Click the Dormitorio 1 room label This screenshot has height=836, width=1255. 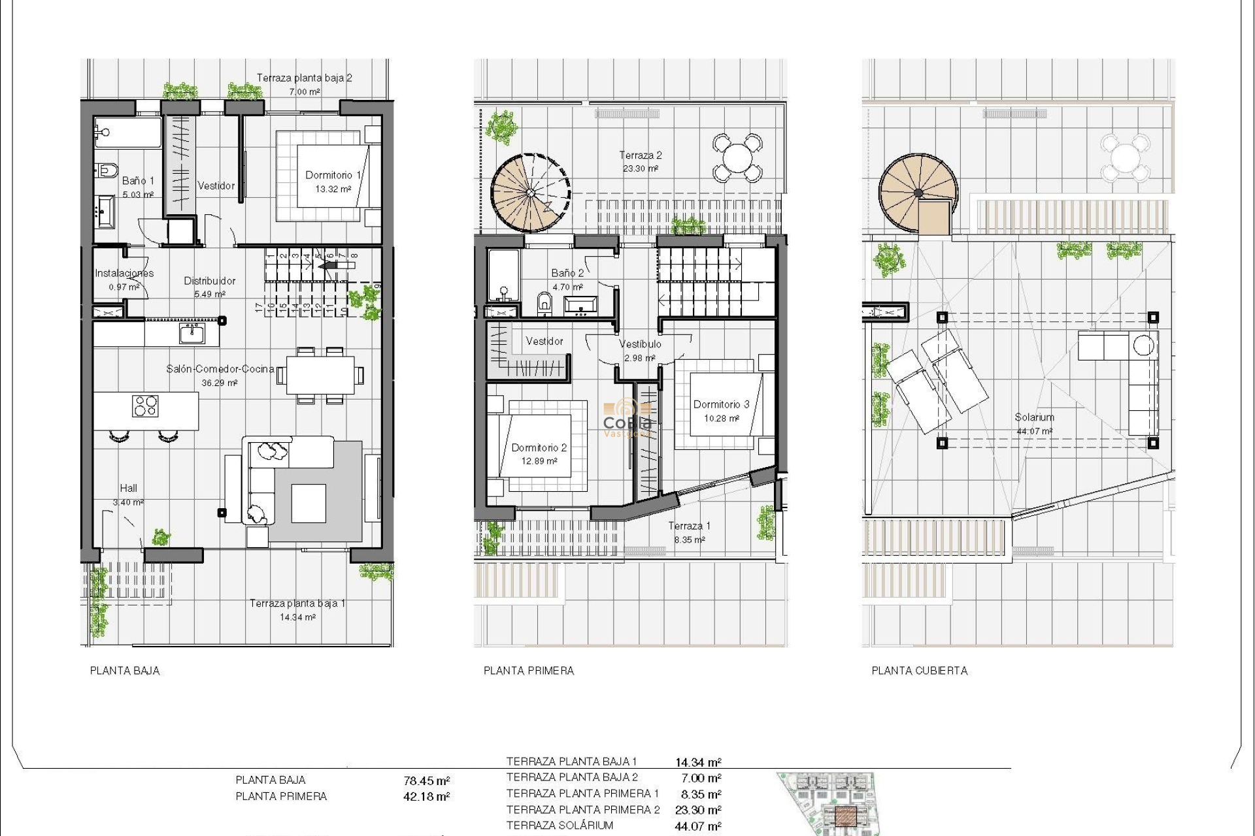(x=333, y=175)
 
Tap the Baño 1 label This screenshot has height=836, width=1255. (x=138, y=181)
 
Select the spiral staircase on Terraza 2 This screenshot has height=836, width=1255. (x=530, y=193)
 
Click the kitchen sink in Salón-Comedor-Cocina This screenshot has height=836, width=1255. (x=192, y=334)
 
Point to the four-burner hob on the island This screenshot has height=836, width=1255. (x=145, y=406)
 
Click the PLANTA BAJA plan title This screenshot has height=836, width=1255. (x=125, y=671)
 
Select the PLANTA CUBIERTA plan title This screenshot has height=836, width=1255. (x=919, y=671)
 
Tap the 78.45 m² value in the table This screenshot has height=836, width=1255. (x=427, y=780)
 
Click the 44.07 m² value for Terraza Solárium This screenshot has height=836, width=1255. (x=698, y=826)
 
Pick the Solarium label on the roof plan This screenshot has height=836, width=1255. (x=1034, y=417)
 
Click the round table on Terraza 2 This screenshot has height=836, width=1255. (x=737, y=157)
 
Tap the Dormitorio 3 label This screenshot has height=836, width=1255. (x=721, y=404)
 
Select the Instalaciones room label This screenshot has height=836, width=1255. (x=124, y=273)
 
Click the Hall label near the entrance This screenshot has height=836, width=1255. (x=128, y=488)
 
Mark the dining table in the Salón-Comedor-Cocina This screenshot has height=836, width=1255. (x=320, y=375)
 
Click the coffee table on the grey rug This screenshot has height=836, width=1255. (x=309, y=503)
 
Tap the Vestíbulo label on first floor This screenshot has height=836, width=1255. (x=640, y=344)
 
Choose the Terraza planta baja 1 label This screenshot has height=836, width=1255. (x=297, y=603)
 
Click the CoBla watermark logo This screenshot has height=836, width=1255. (x=627, y=418)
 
